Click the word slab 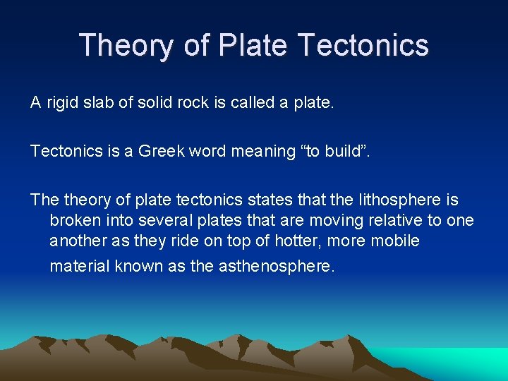[104, 103]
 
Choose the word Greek [162, 151]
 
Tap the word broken [73, 220]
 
